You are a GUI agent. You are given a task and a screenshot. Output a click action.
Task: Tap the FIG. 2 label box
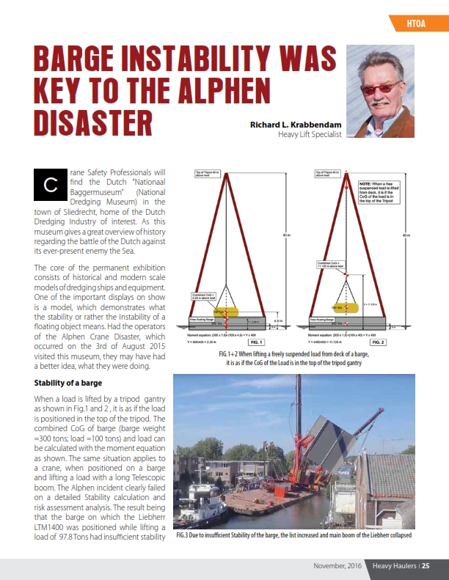pyautogui.click(x=384, y=342)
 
